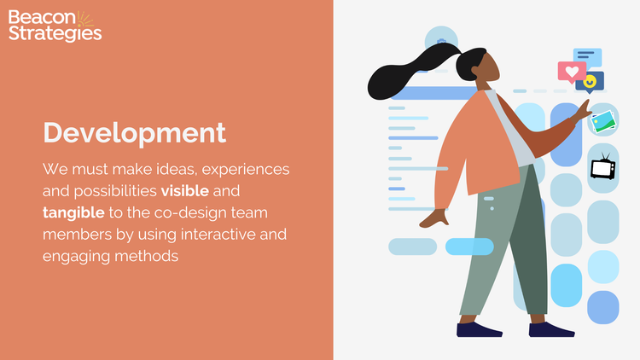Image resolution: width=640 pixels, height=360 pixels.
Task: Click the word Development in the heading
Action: [x=134, y=133]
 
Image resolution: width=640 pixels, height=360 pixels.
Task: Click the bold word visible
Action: [x=184, y=189]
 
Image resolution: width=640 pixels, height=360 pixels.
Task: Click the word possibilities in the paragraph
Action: [x=113, y=189]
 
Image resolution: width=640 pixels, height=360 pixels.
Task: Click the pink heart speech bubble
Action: [x=571, y=72]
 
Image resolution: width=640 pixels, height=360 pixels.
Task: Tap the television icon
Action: [x=603, y=167]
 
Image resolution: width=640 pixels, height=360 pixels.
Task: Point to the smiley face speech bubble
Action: [x=591, y=82]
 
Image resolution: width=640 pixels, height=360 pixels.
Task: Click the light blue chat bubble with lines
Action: [x=587, y=57]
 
